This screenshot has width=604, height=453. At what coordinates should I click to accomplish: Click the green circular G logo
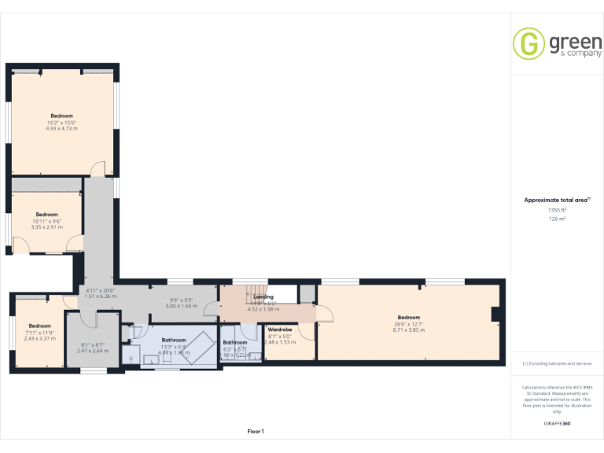[x=528, y=43]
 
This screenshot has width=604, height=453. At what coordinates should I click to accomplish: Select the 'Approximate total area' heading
[x=557, y=200]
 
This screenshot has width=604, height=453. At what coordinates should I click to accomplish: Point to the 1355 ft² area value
[x=557, y=210]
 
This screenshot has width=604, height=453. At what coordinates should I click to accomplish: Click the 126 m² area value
[x=557, y=219]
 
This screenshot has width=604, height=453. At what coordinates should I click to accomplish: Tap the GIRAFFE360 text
[x=557, y=423]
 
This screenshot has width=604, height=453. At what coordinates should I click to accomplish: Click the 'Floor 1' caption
[x=256, y=431]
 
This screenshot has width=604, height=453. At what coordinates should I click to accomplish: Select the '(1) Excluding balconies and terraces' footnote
[x=557, y=363]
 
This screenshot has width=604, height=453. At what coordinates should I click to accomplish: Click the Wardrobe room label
[x=280, y=330]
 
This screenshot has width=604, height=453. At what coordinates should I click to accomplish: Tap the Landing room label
[x=263, y=296]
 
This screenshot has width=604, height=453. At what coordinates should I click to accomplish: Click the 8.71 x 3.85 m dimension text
[x=409, y=330]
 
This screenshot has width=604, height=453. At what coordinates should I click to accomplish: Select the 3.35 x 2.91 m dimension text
[x=46, y=226]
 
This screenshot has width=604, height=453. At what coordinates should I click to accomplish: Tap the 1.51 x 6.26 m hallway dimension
[x=101, y=296]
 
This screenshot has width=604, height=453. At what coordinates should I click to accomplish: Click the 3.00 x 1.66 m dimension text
[x=183, y=305]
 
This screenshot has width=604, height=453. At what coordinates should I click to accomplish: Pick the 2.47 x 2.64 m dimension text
[x=92, y=351]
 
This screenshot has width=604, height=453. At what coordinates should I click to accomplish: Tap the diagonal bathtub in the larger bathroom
[x=193, y=346]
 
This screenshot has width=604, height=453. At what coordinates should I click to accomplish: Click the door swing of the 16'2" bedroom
[x=97, y=168]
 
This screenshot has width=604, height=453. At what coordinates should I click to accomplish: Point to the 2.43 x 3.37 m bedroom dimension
[x=39, y=338]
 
